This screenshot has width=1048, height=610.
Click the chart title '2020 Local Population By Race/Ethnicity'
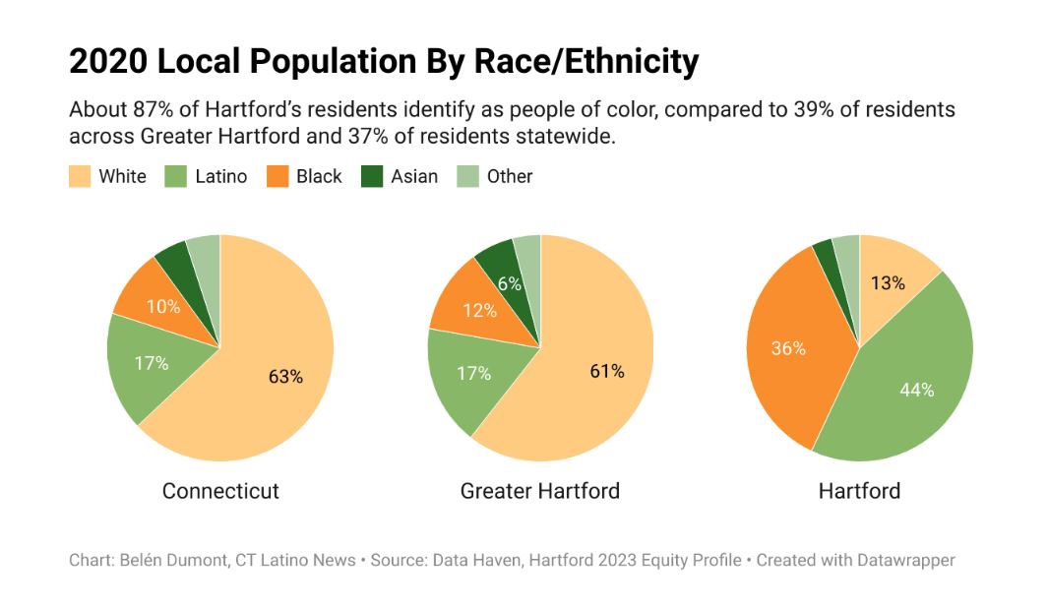pyautogui.click(x=384, y=62)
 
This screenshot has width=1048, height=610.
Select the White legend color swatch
pyautogui.click(x=80, y=177)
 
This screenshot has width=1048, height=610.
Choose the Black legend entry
pyautogui.click(x=306, y=177)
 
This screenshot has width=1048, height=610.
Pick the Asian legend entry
pyautogui.click(x=401, y=177)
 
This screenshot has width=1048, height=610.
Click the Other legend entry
pyautogui.click(x=496, y=177)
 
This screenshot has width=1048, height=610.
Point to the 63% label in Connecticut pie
pyautogui.click(x=285, y=376)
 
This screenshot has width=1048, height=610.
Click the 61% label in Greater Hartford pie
pyautogui.click(x=606, y=371)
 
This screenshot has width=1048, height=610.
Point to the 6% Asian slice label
pyautogui.click(x=509, y=283)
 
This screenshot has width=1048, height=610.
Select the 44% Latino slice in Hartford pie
pyautogui.click(x=916, y=390)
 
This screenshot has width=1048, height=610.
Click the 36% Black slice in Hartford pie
pyautogui.click(x=788, y=348)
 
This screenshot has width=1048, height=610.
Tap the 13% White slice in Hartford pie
pyautogui.click(x=888, y=282)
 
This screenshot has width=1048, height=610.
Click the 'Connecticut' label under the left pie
pyautogui.click(x=220, y=491)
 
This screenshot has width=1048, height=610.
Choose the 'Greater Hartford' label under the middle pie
pyautogui.click(x=540, y=491)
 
